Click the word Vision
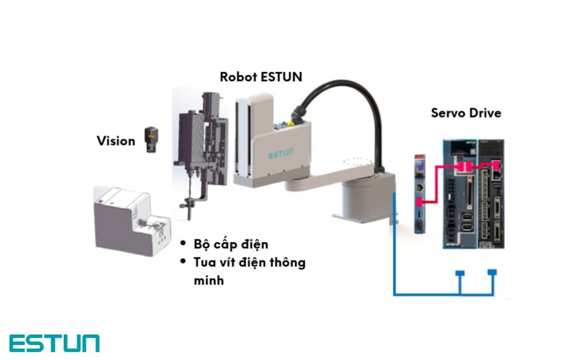click(116, 141)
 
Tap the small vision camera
click(151, 140)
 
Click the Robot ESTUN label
click(261, 77)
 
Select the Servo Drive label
click(466, 113)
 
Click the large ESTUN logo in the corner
click(54, 343)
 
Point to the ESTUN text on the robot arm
click(280, 154)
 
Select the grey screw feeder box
click(132, 221)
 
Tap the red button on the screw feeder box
click(100, 201)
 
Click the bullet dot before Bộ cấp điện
click(183, 243)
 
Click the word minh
click(209, 281)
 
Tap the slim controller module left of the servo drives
click(420, 194)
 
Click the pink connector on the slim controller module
click(419, 202)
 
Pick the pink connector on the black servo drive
click(496, 164)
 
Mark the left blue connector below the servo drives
click(460, 273)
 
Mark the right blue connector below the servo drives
click(492, 272)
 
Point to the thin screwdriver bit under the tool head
click(189, 197)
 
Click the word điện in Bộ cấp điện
click(254, 244)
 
